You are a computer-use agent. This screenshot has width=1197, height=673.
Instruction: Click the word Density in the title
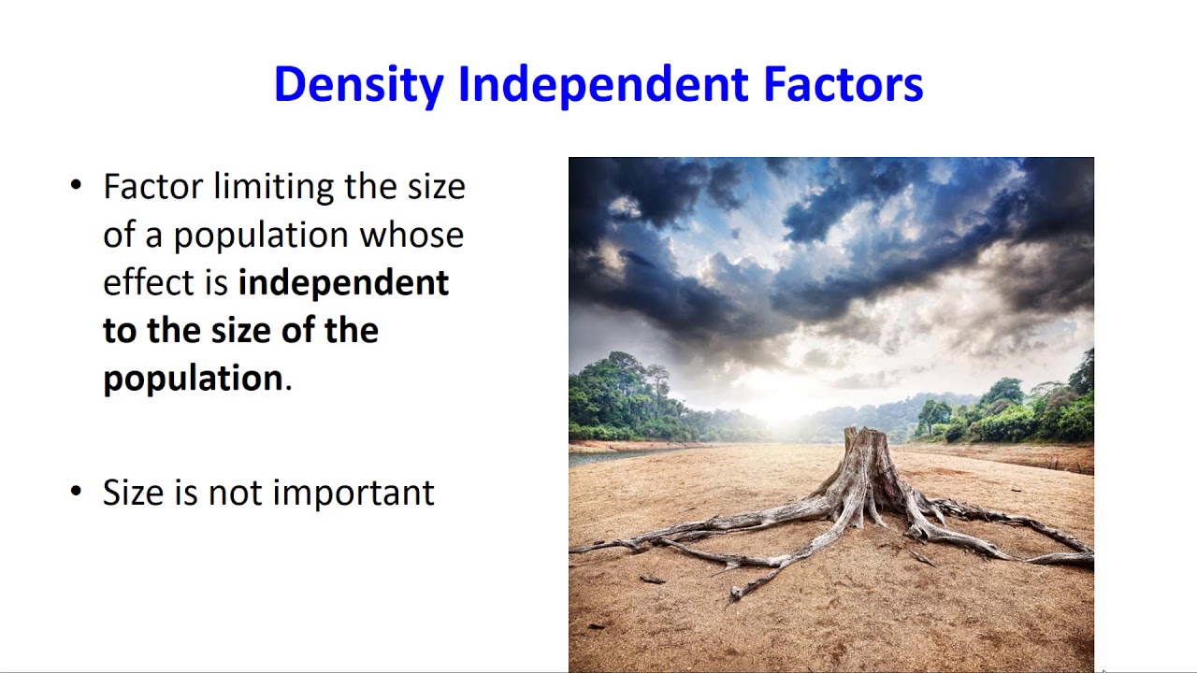coord(357,85)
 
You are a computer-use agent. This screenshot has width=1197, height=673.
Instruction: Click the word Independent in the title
coord(602,85)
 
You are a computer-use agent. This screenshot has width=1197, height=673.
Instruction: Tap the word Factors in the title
coord(843,85)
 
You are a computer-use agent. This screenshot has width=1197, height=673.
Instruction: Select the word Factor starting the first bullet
coord(152,186)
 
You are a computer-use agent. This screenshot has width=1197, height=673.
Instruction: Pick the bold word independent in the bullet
coord(343,282)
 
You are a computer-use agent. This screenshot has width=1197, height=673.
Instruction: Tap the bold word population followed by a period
coord(193,378)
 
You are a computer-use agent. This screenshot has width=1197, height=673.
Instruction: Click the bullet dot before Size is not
coord(77,492)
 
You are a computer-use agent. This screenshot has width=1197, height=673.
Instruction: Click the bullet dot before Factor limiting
coord(77,185)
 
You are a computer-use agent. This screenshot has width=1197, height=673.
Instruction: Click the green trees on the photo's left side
coord(622,402)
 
